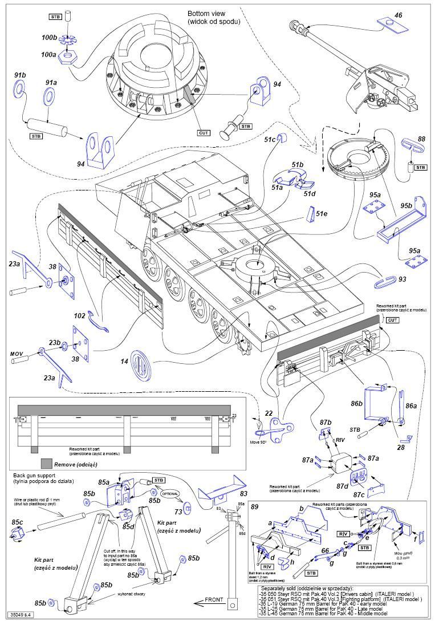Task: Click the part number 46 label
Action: [x=399, y=16]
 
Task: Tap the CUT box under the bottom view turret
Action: [x=204, y=133]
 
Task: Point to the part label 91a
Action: [x=51, y=83]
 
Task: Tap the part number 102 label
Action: [x=79, y=315]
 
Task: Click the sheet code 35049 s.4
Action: [x=21, y=615]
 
